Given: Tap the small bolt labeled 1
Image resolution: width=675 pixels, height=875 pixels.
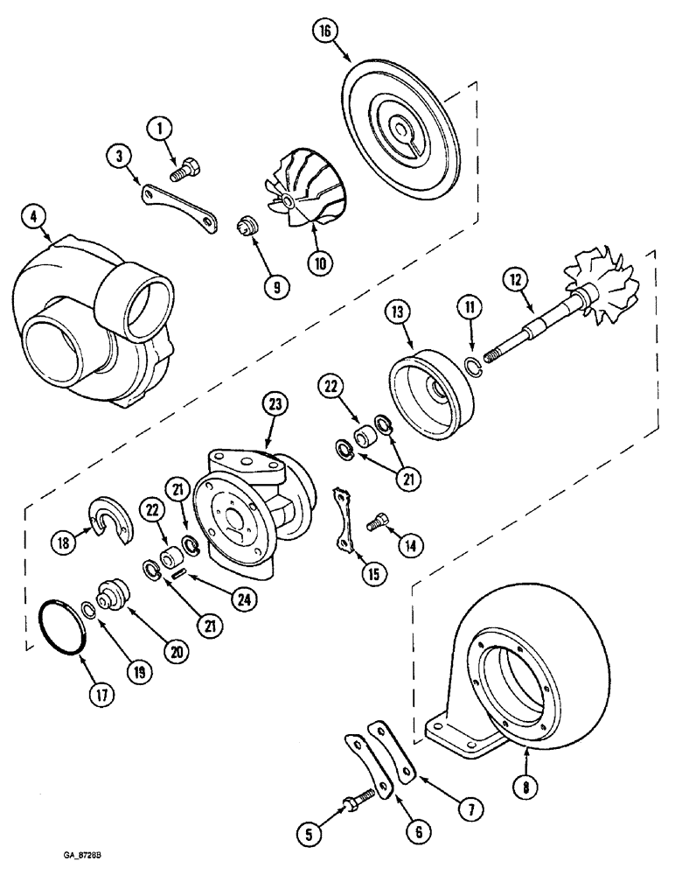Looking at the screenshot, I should click(186, 170).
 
